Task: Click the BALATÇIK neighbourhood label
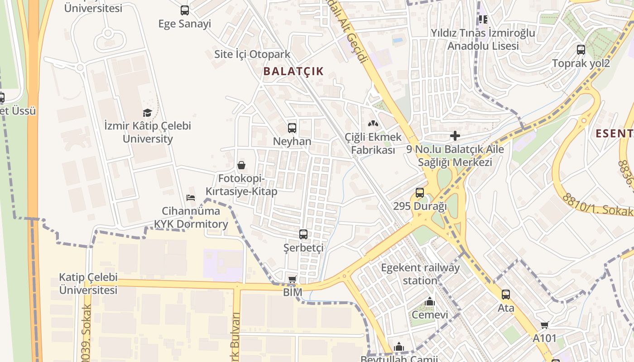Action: coord(293,71)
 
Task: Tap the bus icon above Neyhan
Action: coord(292,128)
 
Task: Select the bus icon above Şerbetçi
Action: coord(303,234)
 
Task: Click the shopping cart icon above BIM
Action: coord(293,279)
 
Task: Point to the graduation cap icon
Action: coord(147,113)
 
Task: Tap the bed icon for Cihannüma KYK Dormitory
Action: coord(191,198)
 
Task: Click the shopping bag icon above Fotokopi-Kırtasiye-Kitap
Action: coord(241,165)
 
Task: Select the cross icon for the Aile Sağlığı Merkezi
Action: coord(455,136)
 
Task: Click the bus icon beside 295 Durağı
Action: coord(420,193)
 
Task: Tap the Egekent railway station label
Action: coord(420,274)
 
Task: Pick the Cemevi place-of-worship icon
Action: coord(429,301)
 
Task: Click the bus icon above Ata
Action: coord(505,295)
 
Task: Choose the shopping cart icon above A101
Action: coord(544,325)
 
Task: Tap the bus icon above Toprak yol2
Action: coord(581,50)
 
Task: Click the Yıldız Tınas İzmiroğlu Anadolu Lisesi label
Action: coord(483,39)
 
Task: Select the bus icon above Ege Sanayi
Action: coord(184,10)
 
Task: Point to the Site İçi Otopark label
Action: coord(252,55)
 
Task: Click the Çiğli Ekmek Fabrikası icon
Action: coord(373,123)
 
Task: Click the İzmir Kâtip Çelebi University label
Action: coord(148,132)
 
